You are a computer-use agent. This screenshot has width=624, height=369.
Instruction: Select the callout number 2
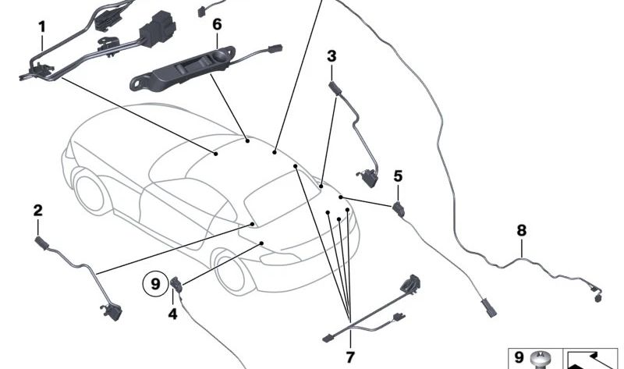[x=37, y=210]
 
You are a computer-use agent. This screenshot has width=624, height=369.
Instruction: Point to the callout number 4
[x=172, y=314]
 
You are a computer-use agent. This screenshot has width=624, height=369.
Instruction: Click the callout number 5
[x=398, y=176]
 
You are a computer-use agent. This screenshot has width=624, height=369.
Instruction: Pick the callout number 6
[x=217, y=24]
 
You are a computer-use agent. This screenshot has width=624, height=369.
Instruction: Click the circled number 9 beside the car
[x=154, y=284]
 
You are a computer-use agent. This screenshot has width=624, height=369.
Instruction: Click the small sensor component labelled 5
[x=400, y=208]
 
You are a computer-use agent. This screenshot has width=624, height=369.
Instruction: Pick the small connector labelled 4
[x=176, y=286]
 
